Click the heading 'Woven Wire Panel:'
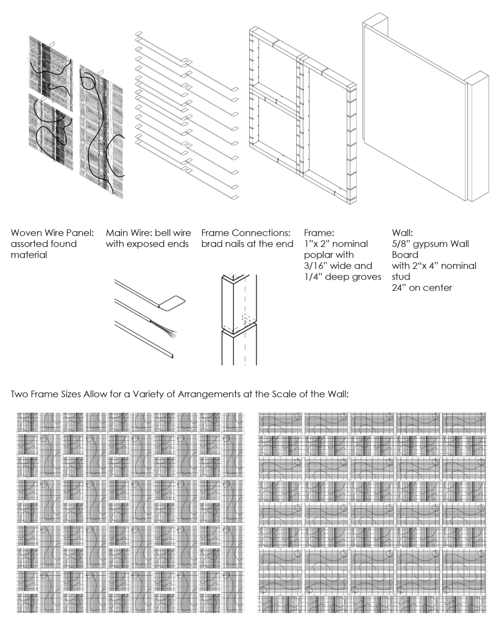coord(52,233)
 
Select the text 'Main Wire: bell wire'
coord(148,233)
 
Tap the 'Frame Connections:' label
coord(246,233)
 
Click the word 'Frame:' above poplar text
coord(319,233)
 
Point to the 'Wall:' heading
coord(402,233)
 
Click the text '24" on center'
coord(422,288)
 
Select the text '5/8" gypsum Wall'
coord(430,244)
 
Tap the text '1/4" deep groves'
coord(342,277)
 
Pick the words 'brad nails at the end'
coord(247,244)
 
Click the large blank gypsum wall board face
coord(414,112)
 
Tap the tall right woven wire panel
coord(102,131)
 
